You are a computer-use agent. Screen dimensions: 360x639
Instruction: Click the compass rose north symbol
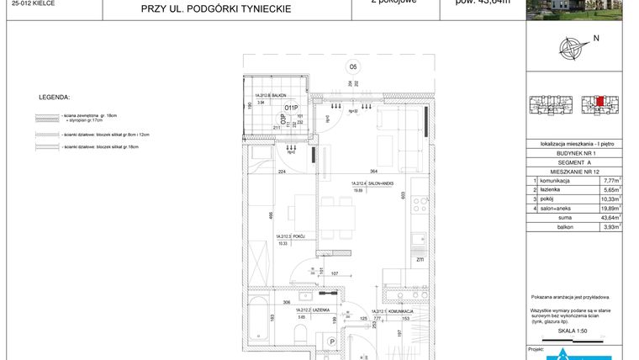click(x=573, y=50)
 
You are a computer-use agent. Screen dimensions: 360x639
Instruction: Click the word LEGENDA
click(x=54, y=98)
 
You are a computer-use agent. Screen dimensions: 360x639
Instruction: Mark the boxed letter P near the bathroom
click(x=332, y=342)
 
